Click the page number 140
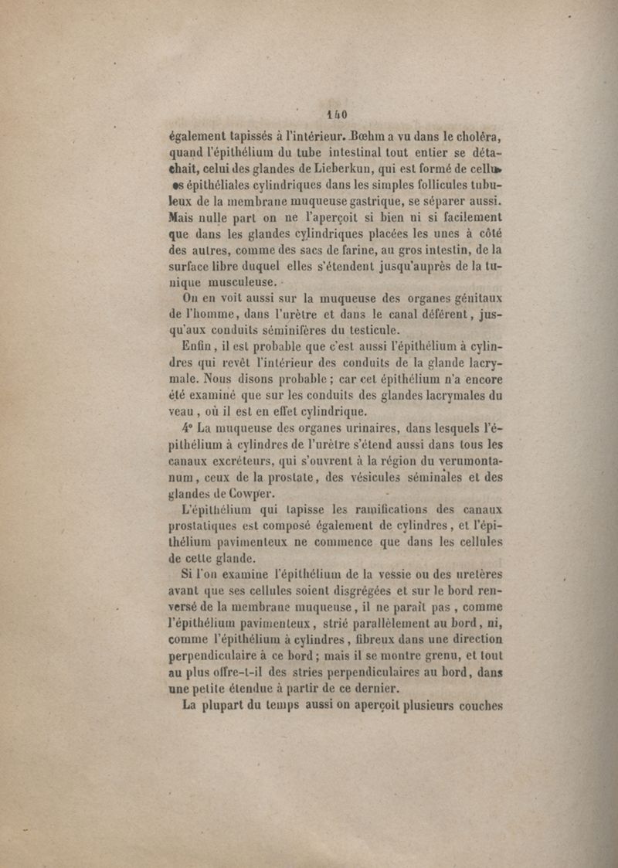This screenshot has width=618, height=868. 337,114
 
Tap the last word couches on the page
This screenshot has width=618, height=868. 480,706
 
